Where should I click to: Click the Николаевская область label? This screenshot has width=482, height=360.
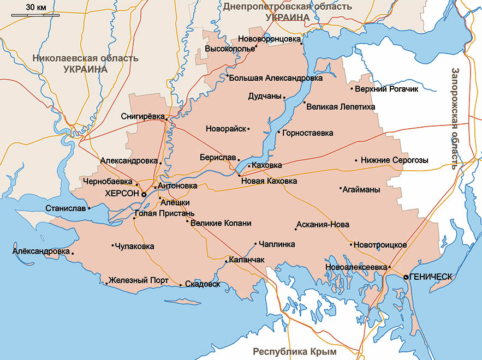[x=85, y=58]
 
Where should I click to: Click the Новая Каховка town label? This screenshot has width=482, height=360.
[x=269, y=181]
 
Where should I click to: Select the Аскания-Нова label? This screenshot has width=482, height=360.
[x=322, y=225]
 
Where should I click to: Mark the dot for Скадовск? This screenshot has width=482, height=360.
[x=181, y=285]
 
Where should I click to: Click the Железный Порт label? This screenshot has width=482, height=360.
[x=139, y=280]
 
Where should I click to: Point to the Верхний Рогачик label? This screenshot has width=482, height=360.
[x=386, y=89]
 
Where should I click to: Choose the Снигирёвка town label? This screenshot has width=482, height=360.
[x=142, y=116]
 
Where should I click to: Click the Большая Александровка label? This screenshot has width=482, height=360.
[x=276, y=78]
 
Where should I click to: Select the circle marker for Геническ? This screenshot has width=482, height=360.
[x=406, y=278]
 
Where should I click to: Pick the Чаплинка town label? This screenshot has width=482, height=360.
[x=277, y=244]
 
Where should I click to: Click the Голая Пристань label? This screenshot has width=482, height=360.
[x=164, y=213]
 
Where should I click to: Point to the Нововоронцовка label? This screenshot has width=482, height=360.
[x=270, y=39]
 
